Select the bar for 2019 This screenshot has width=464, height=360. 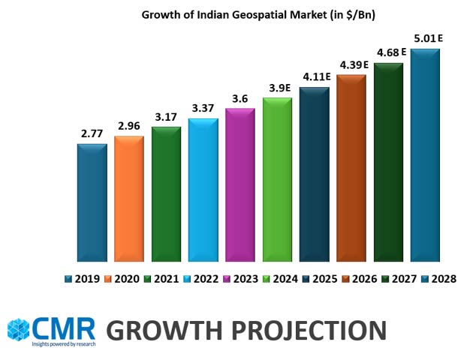point(92,202)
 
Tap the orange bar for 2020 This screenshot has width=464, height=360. point(128,199)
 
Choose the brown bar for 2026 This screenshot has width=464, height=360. point(351,168)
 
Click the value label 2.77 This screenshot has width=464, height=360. point(92,134)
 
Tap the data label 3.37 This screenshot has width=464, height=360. point(203,109)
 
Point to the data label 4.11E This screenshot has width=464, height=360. point(315,77)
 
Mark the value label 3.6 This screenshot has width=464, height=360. point(240,99)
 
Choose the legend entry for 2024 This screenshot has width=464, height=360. point(279,279)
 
